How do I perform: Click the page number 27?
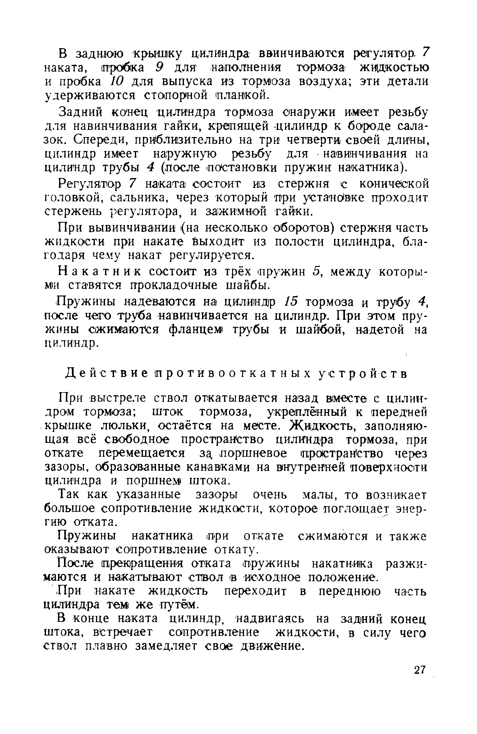coord(419,670)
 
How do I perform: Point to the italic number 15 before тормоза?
coord(291,301)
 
